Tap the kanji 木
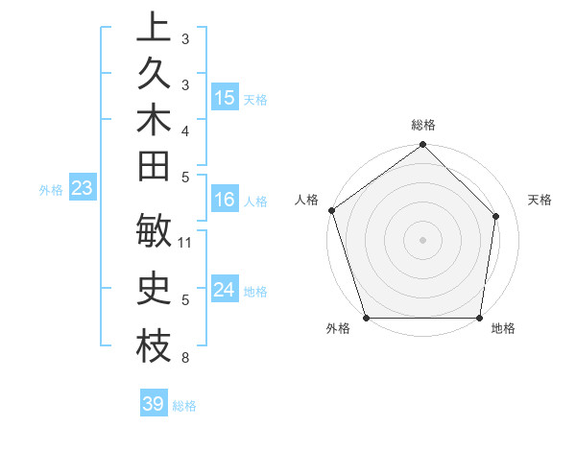tap(154, 121)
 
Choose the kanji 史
tap(154, 289)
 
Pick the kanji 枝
tap(154, 346)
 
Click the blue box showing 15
tap(225, 98)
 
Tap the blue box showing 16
tap(225, 200)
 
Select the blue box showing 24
tap(225, 290)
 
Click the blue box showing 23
tap(83, 188)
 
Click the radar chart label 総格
tap(423, 126)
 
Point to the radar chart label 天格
tap(540, 200)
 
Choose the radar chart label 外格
tap(338, 329)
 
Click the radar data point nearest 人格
tap(331, 210)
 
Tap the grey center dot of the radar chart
tap(422, 240)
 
